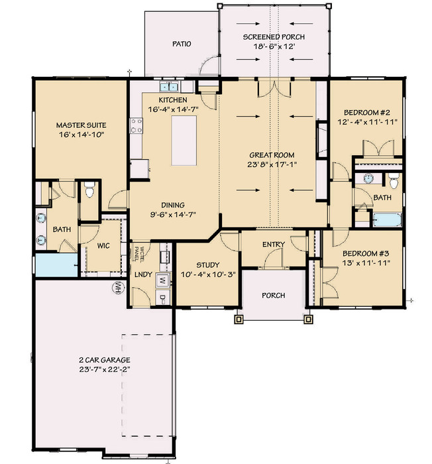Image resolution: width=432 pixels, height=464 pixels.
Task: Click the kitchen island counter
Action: tap(184, 141)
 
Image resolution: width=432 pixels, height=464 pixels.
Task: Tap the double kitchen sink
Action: tap(169, 87)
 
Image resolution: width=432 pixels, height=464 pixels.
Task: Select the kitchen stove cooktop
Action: tap(136, 125)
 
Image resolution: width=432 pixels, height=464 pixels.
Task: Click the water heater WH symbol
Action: tap(117, 287)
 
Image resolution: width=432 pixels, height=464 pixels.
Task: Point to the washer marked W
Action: tap(163, 280)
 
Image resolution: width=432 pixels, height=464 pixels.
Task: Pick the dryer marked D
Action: tap(163, 298)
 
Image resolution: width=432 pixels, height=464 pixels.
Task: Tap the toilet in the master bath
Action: tap(89, 190)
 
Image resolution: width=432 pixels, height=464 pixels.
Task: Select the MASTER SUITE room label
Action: tap(81, 125)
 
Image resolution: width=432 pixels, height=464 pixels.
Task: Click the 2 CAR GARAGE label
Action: tap(105, 360)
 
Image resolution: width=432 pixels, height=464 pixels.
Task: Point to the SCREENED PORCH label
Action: tap(274, 37)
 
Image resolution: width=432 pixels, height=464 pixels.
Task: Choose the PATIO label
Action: tap(182, 44)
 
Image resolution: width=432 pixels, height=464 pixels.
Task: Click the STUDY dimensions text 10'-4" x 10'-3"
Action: tap(208, 274)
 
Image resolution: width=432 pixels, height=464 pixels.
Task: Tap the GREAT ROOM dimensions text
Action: tap(272, 164)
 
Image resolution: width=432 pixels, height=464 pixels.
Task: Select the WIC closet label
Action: tap(103, 246)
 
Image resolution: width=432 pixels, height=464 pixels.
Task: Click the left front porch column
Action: tap(239, 319)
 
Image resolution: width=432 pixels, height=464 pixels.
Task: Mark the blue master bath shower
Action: tap(56, 265)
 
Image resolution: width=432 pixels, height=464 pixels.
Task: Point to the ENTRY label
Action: tap(274, 245)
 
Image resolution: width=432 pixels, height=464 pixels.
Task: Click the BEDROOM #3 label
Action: tap(366, 254)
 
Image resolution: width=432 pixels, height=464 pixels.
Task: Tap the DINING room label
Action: tap(173, 205)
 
